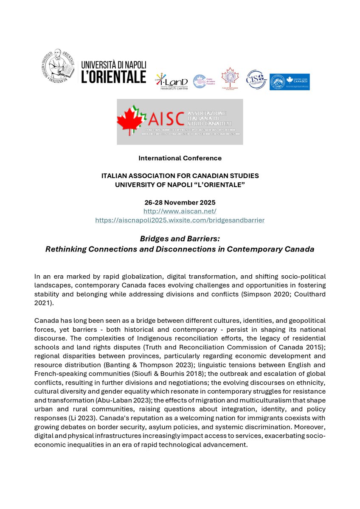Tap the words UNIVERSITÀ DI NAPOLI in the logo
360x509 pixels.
113,65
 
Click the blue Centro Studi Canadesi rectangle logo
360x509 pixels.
290,82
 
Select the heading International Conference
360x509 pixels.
180,158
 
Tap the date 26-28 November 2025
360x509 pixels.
180,202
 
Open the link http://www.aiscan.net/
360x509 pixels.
180,211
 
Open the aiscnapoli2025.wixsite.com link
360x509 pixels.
180,220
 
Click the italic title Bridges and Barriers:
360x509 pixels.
180,238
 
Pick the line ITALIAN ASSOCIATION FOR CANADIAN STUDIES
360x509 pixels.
180,176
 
